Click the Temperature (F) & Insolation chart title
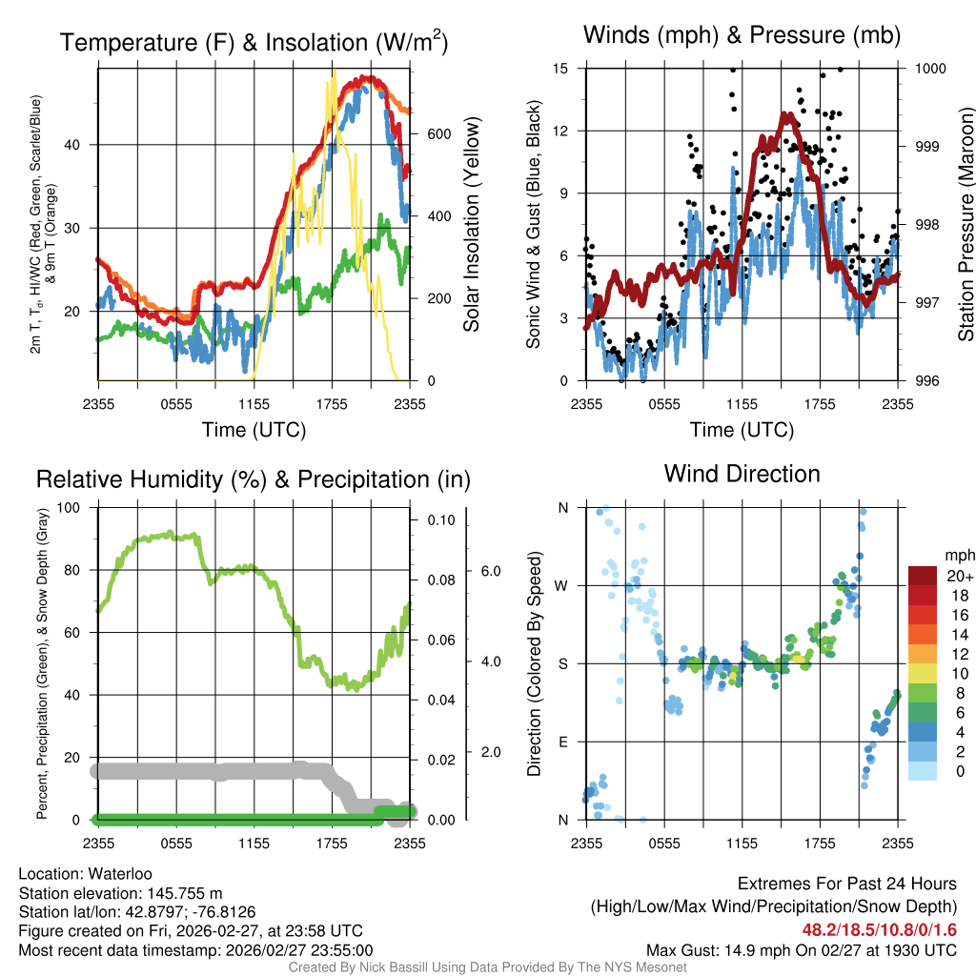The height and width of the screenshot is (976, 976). [x=254, y=43]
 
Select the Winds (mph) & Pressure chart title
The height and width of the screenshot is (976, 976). [x=742, y=36]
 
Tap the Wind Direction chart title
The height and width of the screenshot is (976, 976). [x=742, y=474]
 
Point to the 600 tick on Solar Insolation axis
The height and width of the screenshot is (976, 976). [x=438, y=134]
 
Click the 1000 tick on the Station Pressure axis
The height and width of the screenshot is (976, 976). [x=930, y=69]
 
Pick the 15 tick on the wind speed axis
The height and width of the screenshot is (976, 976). [x=560, y=69]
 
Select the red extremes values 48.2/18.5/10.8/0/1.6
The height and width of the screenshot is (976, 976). [x=878, y=929]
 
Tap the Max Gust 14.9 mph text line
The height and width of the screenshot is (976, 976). [x=801, y=949]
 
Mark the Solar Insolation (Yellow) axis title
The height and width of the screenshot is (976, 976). [x=472, y=225]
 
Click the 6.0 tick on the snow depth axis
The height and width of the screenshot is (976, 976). [x=491, y=571]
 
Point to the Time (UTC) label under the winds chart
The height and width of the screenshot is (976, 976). [x=742, y=430]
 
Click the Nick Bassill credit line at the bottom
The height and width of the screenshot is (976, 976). [x=487, y=967]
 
